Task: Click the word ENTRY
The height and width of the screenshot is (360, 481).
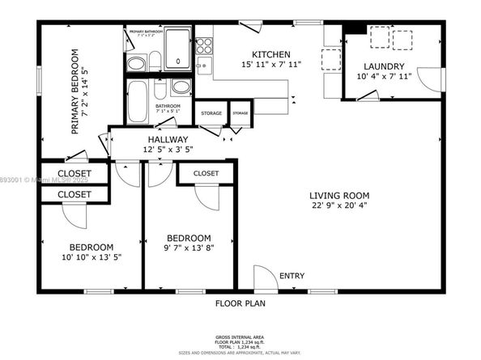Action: click(x=292, y=277)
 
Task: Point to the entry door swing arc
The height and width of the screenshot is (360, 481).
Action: click(x=264, y=277)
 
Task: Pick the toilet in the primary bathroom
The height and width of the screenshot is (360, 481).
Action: click(x=137, y=63)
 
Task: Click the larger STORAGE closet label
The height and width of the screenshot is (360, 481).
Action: click(x=211, y=113)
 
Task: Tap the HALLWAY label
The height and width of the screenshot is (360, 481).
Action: click(x=168, y=140)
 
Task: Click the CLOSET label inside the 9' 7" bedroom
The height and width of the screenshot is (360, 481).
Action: click(x=206, y=173)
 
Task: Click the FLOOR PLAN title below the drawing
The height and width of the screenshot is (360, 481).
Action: click(x=240, y=304)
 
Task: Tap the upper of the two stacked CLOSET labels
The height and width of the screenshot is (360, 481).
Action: click(x=74, y=174)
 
